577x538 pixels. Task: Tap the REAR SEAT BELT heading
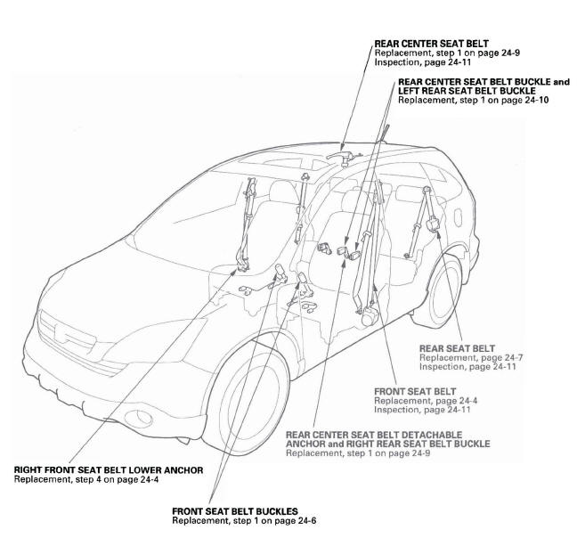click(457, 348)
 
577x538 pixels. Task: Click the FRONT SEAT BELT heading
click(414, 391)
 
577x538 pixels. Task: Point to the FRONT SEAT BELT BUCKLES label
click(233, 510)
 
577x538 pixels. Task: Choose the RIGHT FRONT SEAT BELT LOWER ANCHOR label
click(109, 469)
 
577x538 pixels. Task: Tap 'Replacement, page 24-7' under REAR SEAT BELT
click(470, 357)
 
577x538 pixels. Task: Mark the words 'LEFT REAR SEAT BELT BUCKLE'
click(467, 91)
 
